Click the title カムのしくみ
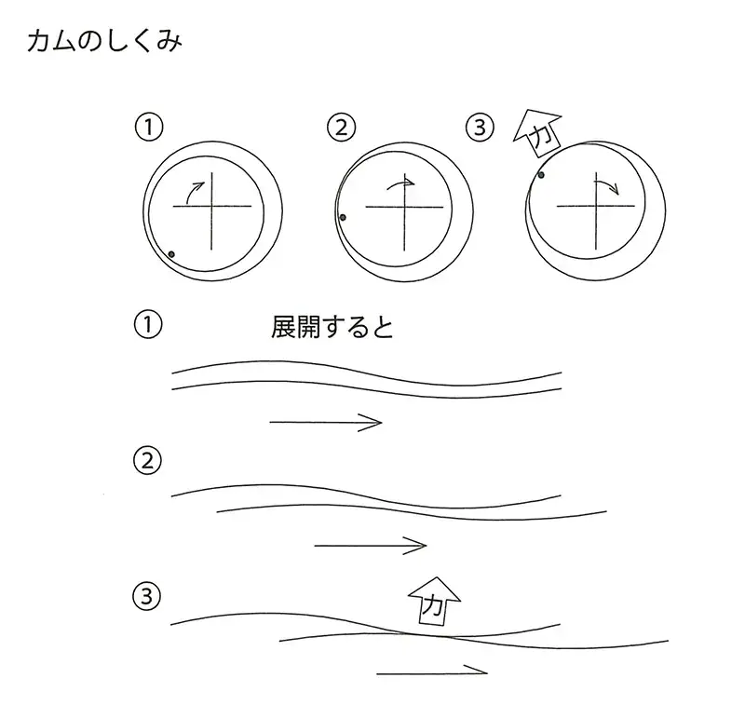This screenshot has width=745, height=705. coord(104,42)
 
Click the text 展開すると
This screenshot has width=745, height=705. coord(332,327)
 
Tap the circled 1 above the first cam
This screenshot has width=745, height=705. coord(149,128)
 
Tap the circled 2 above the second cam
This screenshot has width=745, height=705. coord(342,128)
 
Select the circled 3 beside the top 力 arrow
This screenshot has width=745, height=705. coord(480,128)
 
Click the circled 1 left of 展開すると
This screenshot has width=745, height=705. coord(148,325)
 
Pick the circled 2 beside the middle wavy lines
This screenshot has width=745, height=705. coord(147,461)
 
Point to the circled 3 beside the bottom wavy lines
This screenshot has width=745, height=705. coord(147,596)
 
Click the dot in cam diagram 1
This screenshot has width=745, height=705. coord(171,254)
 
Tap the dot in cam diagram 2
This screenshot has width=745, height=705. coord(343,218)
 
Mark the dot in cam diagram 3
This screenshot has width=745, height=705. coord(541,175)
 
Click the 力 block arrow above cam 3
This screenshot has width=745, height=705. coord(538,133)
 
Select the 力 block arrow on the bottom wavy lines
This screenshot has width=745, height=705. coord(434,602)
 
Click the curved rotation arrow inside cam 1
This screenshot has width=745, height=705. coord(195,193)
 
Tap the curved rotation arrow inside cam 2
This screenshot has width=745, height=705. coord(400,183)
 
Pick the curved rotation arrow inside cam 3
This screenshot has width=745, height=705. coord(607,186)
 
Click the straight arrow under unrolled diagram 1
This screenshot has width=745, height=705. coord(326,422)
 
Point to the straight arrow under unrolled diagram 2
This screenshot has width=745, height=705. coord(371,546)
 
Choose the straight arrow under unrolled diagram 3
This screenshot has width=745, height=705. coord(432,671)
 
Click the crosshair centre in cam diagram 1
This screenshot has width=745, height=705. coord(211,206)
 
